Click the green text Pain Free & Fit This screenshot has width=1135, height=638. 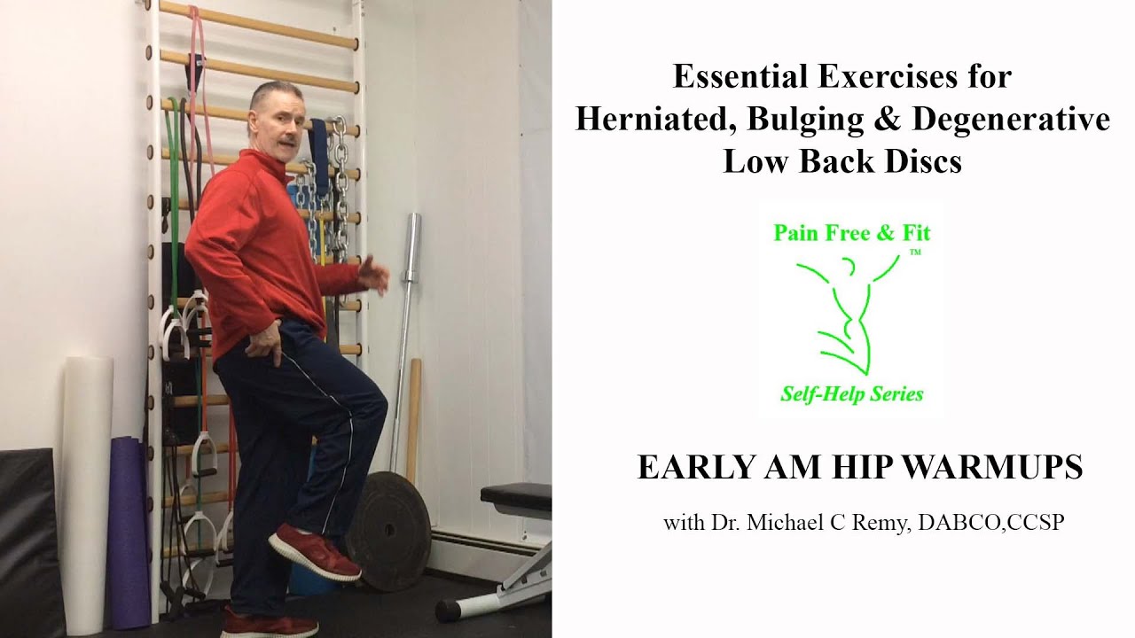tap(852, 234)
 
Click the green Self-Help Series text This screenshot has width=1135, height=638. tap(851, 394)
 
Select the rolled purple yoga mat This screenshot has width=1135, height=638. tap(129, 532)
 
